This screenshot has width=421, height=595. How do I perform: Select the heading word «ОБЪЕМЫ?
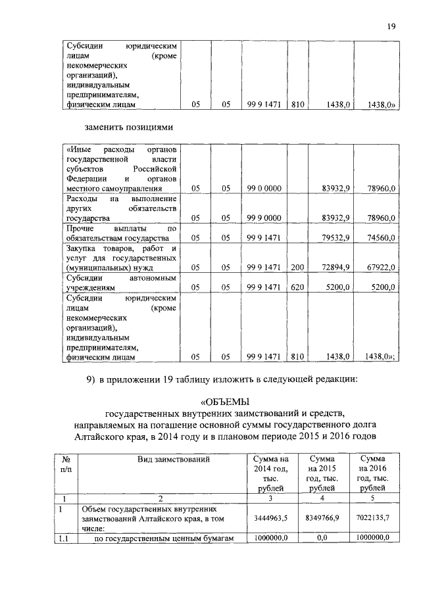point(226,401)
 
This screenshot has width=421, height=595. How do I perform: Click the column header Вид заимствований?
point(174,460)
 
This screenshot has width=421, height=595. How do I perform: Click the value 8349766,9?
point(323,519)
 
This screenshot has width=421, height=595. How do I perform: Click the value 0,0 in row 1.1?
point(323,537)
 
